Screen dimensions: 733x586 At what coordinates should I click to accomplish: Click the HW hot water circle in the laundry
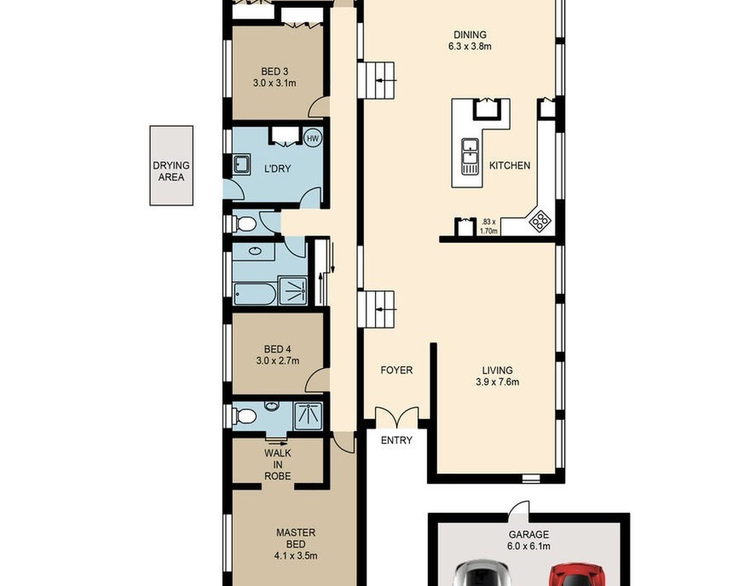point(313,138)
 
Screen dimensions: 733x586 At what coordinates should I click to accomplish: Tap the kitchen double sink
point(470,157)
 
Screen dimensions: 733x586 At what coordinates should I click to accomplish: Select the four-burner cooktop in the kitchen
point(540,221)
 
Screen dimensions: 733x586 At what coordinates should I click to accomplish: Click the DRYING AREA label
point(172,171)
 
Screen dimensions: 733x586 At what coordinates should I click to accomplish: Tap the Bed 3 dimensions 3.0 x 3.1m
point(275,83)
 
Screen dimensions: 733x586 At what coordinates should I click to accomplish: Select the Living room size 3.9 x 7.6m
point(497,382)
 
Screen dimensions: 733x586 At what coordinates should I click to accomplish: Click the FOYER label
point(396,370)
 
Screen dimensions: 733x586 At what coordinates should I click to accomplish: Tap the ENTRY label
point(396,440)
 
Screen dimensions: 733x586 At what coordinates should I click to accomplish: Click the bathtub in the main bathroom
point(255,294)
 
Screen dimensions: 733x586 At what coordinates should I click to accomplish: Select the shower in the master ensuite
point(308,416)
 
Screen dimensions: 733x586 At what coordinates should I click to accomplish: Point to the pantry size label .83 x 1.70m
point(489,227)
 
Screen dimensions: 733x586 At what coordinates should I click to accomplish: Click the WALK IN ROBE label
point(278,465)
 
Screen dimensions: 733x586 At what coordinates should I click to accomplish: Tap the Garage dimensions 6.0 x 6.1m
point(529,546)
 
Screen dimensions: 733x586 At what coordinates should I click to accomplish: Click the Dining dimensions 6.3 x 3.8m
point(470,46)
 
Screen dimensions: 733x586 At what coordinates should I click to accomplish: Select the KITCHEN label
point(510,166)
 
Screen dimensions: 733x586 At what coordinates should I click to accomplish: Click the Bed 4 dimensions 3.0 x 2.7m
point(278,360)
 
